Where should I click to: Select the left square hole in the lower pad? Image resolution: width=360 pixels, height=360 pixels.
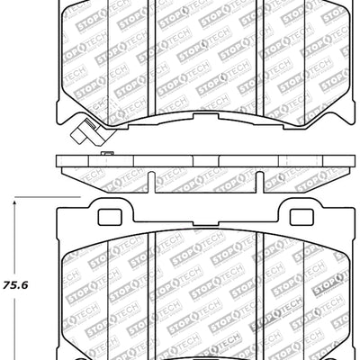(107, 217)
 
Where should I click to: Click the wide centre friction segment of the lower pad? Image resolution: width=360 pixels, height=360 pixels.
(206, 297)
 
